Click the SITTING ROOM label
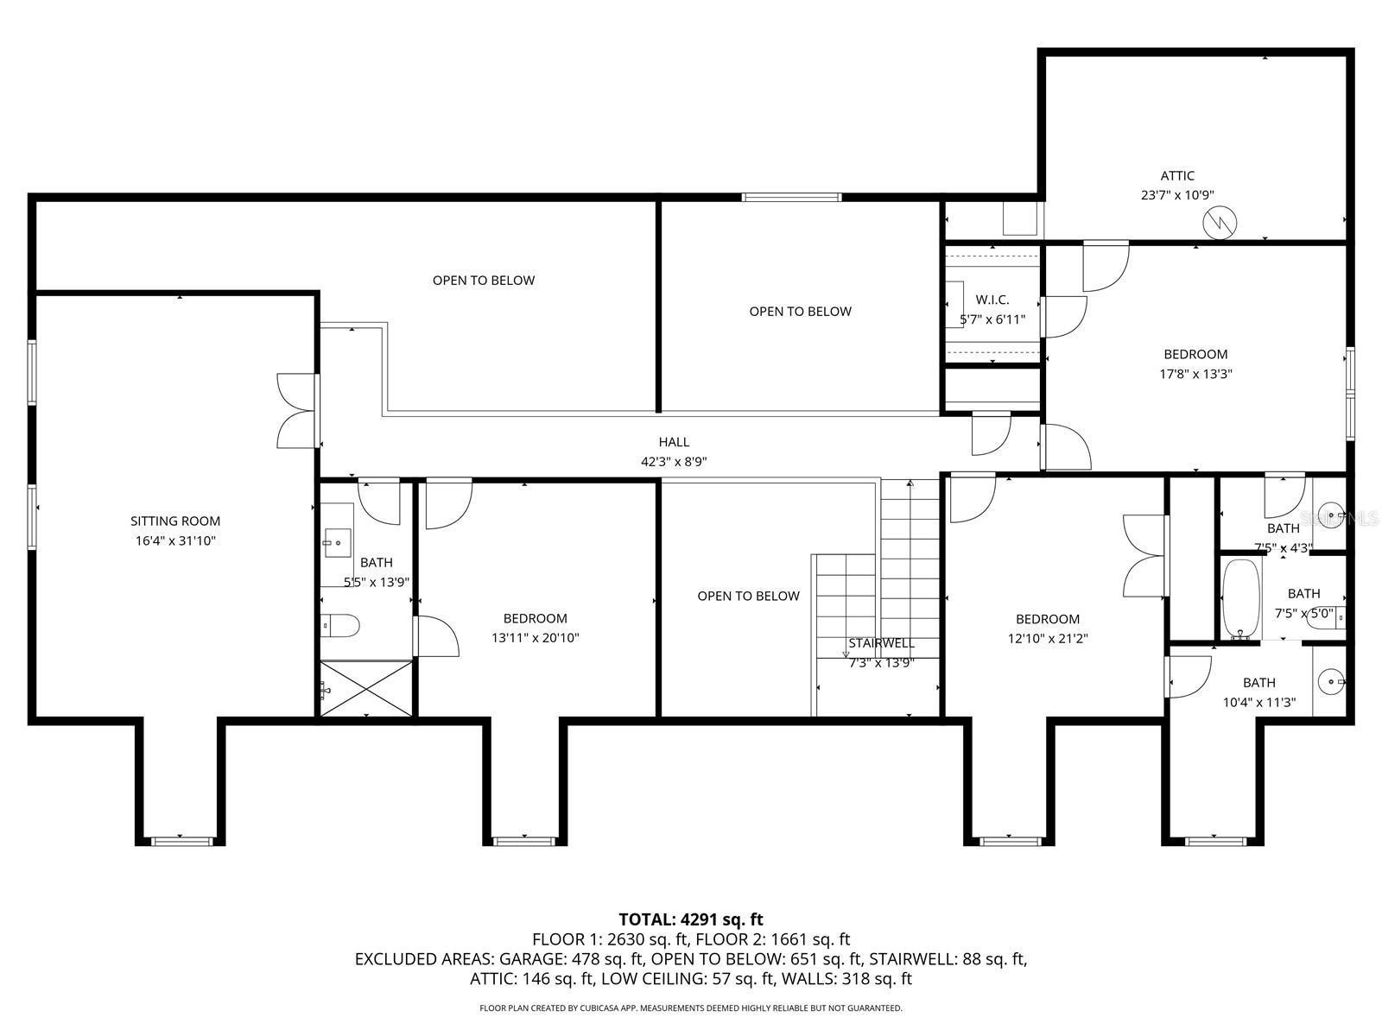[x=175, y=521]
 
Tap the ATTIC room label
[x=1177, y=176]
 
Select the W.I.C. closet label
[x=992, y=300]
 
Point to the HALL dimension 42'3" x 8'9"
[x=674, y=462]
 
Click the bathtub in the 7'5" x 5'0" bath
[x=1241, y=598]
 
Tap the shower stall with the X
[x=366, y=688]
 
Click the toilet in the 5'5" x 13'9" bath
[x=339, y=625]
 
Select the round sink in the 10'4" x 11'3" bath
[x=1332, y=682]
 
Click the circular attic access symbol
[x=1220, y=223]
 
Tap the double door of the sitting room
[x=297, y=411]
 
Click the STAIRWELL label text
[x=881, y=643]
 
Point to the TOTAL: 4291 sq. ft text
[x=691, y=919]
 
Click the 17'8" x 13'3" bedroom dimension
[x=1195, y=374]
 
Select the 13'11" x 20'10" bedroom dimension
[x=536, y=638]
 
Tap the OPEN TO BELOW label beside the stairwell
[x=748, y=596]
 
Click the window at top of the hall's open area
[x=791, y=197]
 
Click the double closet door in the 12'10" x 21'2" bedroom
[x=1145, y=555]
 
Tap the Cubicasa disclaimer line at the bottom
[x=691, y=1008]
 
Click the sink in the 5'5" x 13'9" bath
[x=337, y=542]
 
